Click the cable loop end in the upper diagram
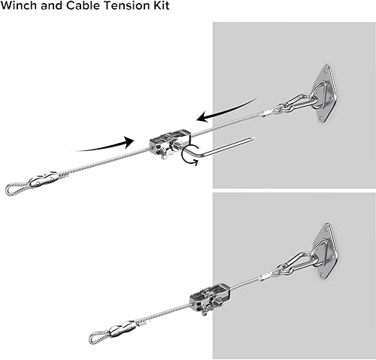point(14,190)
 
